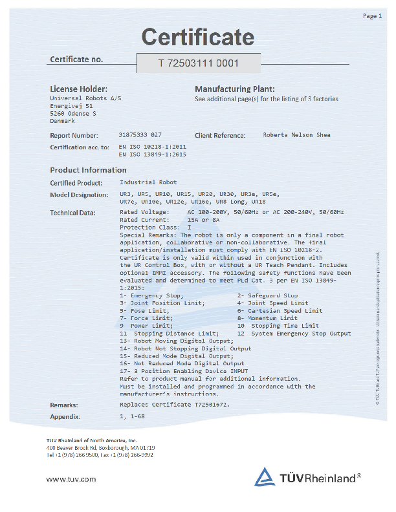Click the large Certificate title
[x=198, y=37]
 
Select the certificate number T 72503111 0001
[x=199, y=63]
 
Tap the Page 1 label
[x=372, y=16]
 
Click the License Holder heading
[x=78, y=89]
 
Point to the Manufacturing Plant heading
[x=234, y=89]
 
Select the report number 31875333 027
[x=140, y=135]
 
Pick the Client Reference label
[x=220, y=136]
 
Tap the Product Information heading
[x=88, y=170]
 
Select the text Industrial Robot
[x=148, y=182]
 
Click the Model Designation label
[x=79, y=195]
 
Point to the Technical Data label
[x=72, y=212]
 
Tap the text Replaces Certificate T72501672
[x=175, y=405]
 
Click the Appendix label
[x=65, y=417]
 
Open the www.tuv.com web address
[x=71, y=479]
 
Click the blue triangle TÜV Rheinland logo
[x=264, y=477]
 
